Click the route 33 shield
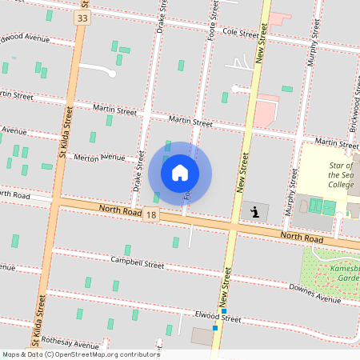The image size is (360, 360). tap(82, 17)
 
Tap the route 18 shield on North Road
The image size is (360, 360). tap(150, 214)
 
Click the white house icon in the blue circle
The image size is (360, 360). tap(180, 172)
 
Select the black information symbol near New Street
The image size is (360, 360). tap(255, 212)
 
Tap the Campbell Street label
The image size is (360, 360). tap(137, 263)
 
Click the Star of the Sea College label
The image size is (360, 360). tap(341, 174)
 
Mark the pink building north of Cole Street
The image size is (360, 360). tap(279, 18)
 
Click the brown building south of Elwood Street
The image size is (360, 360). tap(202, 337)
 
